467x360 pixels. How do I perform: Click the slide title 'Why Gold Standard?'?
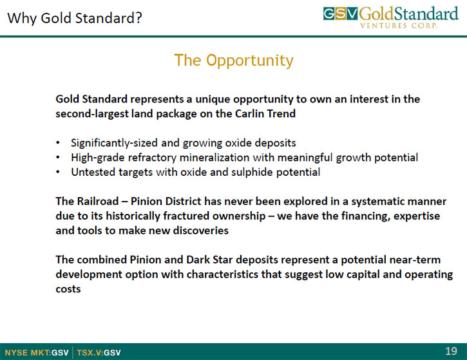pos(75,18)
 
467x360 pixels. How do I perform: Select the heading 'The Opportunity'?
pos(234,61)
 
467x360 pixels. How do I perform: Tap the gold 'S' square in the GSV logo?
pos(340,14)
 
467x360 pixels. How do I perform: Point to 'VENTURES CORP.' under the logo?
pos(399,26)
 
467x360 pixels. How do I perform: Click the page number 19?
pos(451,352)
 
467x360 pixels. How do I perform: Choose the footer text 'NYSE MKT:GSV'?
pos(37,353)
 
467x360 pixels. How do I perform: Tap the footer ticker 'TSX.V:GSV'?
pos(99,353)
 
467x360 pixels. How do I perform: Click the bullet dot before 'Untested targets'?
pos(58,173)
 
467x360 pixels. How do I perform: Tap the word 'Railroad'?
pos(98,202)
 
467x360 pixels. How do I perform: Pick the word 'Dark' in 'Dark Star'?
pos(198,260)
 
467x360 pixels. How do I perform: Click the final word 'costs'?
pos(68,289)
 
